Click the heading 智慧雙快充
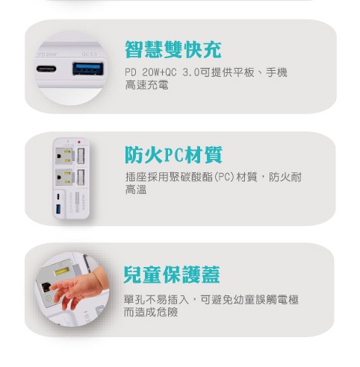point(173,50)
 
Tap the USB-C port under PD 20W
point(46,69)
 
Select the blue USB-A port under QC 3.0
point(88,69)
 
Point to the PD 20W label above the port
point(47,54)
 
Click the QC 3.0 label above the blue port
point(89,54)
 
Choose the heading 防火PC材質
point(173,154)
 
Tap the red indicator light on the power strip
point(79,142)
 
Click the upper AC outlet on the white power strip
point(64,156)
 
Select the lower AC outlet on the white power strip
point(64,177)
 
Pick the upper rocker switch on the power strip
point(81,156)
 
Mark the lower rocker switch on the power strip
point(81,177)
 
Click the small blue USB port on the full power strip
point(58,209)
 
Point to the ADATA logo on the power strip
point(83,202)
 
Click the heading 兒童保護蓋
point(172,275)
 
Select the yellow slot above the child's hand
point(62,271)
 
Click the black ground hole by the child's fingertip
point(46,287)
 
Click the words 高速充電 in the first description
point(147,85)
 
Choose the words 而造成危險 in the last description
point(151,313)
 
